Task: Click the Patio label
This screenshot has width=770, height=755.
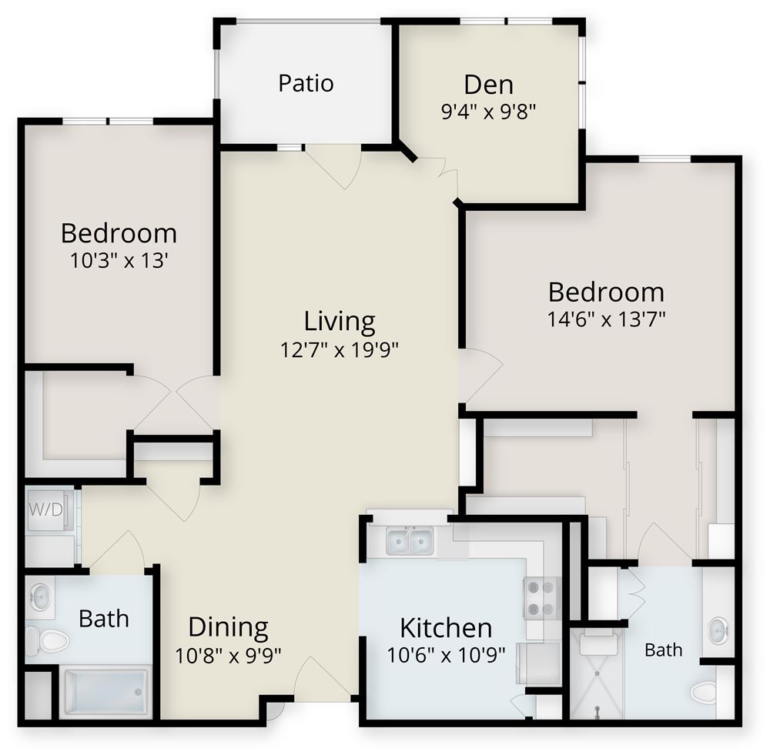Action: (306, 83)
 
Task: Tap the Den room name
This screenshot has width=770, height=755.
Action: (489, 85)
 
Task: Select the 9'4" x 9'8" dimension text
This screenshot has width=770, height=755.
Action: (488, 112)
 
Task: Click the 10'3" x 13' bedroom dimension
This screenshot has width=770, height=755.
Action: (119, 260)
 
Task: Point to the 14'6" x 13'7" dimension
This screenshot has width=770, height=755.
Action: (606, 319)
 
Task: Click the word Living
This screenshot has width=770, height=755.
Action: (340, 322)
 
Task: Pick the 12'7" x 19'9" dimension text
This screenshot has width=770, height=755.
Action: (339, 350)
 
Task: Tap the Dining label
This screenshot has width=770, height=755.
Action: (229, 628)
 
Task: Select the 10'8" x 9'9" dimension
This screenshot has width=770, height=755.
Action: (228, 656)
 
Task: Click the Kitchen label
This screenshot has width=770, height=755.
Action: (446, 628)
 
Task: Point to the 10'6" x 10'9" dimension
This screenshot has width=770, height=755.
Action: (447, 655)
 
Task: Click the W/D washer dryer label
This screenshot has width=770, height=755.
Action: (45, 510)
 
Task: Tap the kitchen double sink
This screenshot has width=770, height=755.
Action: (410, 540)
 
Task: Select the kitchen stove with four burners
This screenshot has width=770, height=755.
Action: (541, 598)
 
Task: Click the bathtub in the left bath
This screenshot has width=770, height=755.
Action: (105, 693)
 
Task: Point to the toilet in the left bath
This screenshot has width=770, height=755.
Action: (47, 640)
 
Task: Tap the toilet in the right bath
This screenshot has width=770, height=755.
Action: (705, 693)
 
